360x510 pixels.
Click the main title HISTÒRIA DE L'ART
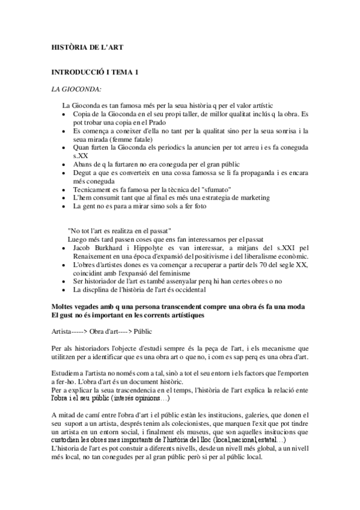pyautogui.click(x=87, y=46)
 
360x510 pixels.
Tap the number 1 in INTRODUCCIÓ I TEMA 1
pyautogui.click(x=137, y=73)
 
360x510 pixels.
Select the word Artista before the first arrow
pyautogui.click(x=63, y=331)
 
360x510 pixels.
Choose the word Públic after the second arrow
pyautogui.click(x=142, y=331)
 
